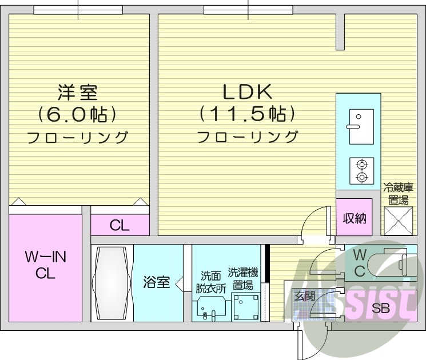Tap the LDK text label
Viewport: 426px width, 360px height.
coord(246,92)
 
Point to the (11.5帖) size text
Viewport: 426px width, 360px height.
coord(247,114)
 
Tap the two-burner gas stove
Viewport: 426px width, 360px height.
coord(361,170)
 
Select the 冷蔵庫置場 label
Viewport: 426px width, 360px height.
coord(398,193)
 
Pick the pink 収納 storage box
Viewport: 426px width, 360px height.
coord(355,218)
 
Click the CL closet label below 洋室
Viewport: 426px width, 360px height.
coord(120,225)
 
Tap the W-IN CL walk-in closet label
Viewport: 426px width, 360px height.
coord(45,265)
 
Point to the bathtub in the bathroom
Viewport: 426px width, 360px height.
coord(112,283)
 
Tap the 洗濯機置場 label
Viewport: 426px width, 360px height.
coord(243,279)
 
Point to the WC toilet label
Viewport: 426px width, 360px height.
coord(360,262)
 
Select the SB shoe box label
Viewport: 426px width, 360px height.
coord(381,309)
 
